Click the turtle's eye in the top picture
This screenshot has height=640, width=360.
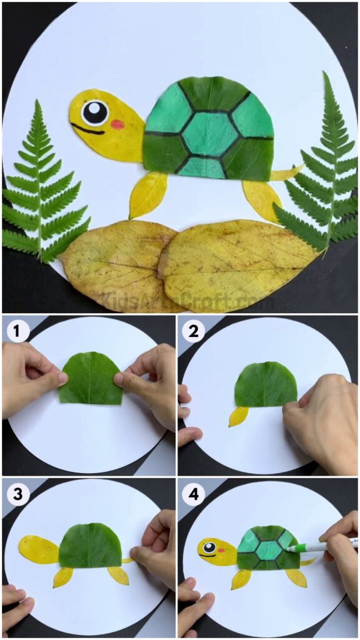tap(94, 112)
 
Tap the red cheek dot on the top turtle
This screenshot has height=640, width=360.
tap(117, 124)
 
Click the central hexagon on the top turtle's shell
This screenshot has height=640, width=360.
tap(206, 134)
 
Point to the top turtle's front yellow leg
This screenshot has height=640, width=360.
tap(147, 194)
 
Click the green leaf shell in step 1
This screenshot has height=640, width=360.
tap(90, 379)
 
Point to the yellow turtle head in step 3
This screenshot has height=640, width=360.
tap(37, 549)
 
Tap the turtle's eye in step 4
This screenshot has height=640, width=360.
tap(207, 547)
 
